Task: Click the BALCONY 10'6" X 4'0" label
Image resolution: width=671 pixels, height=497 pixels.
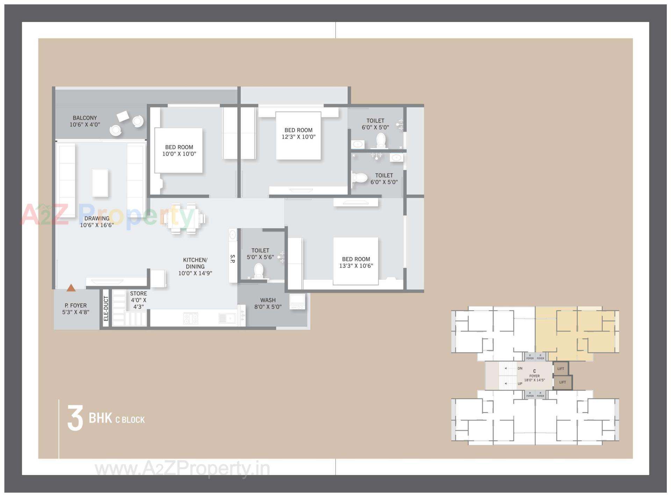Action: [85, 121]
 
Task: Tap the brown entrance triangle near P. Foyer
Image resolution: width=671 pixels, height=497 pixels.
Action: [71, 288]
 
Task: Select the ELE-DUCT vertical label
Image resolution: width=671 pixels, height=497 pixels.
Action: [106, 308]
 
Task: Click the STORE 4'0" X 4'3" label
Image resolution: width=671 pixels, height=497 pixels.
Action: [138, 300]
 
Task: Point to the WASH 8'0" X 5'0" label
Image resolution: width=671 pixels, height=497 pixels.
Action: [268, 303]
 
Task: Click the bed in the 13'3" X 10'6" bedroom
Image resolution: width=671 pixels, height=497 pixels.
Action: [355, 261]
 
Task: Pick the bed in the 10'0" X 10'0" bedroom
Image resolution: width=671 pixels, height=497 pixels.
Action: [179, 150]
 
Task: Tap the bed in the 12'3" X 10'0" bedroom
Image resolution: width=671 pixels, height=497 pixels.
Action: [298, 136]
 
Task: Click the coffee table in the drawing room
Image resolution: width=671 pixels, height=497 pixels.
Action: [100, 182]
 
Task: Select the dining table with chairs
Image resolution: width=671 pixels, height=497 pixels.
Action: [183, 218]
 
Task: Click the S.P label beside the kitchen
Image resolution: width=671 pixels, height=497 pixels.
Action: [233, 259]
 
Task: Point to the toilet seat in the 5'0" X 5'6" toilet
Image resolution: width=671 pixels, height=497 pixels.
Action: [259, 271]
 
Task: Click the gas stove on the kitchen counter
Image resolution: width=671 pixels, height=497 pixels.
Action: [191, 318]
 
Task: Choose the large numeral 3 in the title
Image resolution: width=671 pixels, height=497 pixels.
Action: [75, 418]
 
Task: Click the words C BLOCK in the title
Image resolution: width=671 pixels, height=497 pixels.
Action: [130, 420]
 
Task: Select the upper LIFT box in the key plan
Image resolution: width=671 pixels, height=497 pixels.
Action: [561, 368]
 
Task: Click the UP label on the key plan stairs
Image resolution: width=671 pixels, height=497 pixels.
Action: [520, 384]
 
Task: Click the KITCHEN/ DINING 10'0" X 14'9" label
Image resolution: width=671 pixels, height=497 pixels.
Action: [195, 266]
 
